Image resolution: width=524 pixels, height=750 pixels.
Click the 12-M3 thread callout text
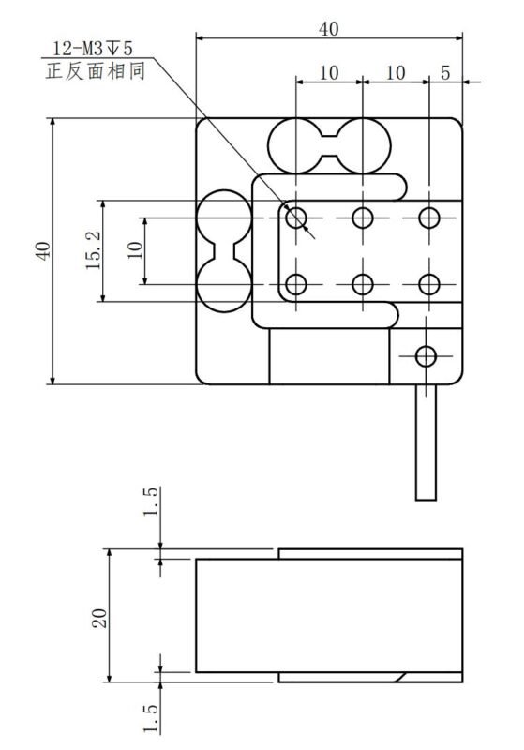(93, 49)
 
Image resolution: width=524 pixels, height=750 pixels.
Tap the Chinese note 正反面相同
(95, 71)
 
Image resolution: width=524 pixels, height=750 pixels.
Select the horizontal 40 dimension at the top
(329, 29)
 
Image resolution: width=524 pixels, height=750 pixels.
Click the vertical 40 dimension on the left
(43, 251)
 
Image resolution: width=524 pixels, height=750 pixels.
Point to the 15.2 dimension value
(93, 250)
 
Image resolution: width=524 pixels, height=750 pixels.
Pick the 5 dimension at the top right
(445, 73)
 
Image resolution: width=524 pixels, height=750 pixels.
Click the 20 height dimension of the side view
(99, 618)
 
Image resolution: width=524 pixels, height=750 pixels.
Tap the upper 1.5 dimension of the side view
(150, 502)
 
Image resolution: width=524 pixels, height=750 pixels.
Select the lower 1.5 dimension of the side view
(150, 718)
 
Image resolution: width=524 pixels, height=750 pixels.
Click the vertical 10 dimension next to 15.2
(135, 250)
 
